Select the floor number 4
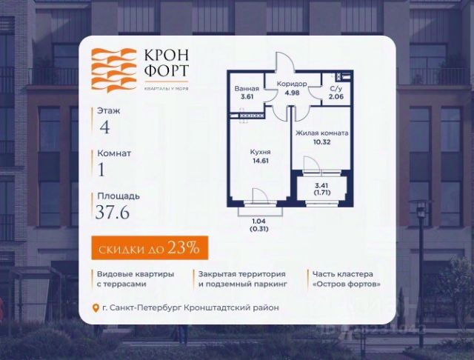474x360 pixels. click(x=104, y=126)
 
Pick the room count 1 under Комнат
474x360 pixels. click(x=102, y=169)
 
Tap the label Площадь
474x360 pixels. click(x=117, y=196)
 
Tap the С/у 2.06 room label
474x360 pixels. click(x=336, y=92)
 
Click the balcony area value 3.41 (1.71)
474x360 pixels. click(x=321, y=188)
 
